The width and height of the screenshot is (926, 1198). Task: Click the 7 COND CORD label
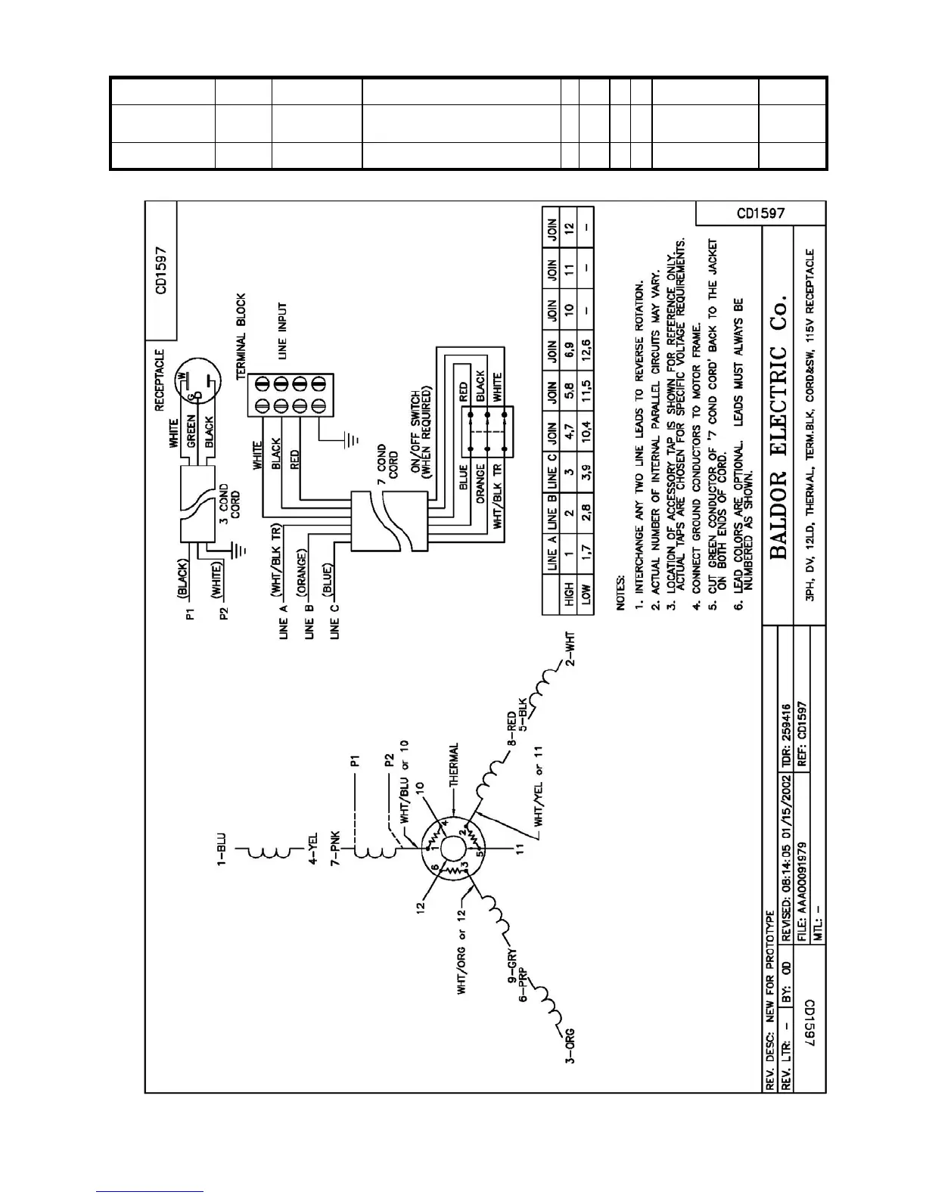coord(386,462)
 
